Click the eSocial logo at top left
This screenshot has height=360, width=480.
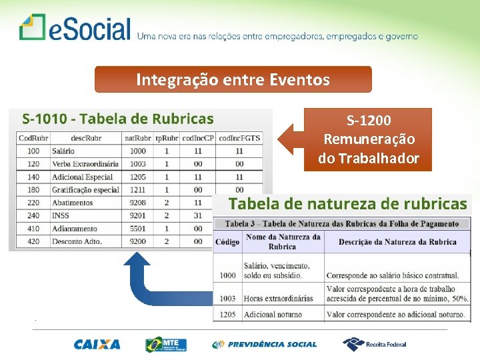[75, 28]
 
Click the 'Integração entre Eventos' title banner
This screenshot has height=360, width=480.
[233, 80]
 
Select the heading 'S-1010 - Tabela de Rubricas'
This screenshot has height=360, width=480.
[118, 119]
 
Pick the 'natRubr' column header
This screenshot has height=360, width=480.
[138, 138]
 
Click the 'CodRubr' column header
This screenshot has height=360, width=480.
[33, 138]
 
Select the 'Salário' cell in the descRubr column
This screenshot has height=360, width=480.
[64, 151]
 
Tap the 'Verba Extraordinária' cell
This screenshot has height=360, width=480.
[85, 164]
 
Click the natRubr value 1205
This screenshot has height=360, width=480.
[138, 177]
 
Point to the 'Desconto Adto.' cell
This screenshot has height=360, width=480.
[76, 241]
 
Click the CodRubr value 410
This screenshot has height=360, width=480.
[33, 229]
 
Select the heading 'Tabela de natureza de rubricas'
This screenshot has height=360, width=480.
[347, 204]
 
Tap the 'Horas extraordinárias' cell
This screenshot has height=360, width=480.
[278, 299]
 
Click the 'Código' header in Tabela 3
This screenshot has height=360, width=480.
[228, 242]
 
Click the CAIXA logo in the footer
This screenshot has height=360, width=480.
[97, 345]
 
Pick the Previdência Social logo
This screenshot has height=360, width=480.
[265, 345]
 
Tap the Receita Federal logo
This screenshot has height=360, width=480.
[375, 344]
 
